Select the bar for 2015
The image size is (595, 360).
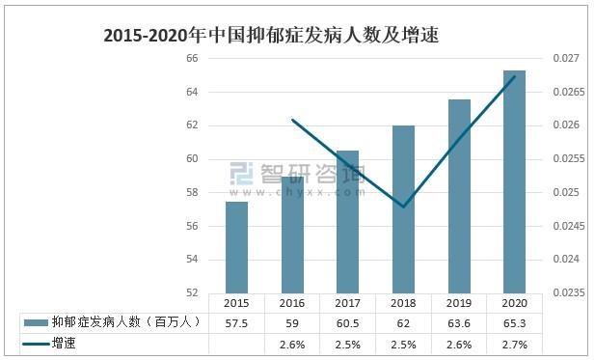(236, 247)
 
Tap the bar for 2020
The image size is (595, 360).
(514, 181)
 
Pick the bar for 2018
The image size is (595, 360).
(403, 208)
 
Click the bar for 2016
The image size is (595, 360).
(292, 235)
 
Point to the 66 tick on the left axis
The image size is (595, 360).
(191, 58)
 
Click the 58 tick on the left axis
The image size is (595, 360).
(191, 192)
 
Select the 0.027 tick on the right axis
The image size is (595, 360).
(567, 58)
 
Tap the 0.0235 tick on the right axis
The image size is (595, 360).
(565, 292)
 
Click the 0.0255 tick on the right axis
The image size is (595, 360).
(565, 159)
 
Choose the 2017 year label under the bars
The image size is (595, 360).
(347, 302)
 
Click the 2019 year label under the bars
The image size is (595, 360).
(458, 302)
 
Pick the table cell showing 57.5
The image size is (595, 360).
(236, 322)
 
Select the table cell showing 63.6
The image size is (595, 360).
(458, 322)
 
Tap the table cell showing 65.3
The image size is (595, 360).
(514, 322)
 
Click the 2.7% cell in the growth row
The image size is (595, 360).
(514, 344)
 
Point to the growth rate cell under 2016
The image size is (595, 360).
(292, 344)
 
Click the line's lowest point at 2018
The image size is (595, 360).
(403, 207)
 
